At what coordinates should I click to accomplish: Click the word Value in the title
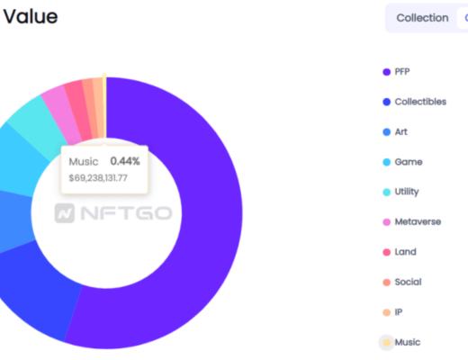coord(30,16)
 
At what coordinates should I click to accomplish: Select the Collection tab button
coord(422,18)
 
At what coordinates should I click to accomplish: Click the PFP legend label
coord(401,72)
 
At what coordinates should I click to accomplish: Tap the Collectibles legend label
coord(419,102)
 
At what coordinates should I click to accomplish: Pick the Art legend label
coord(400,132)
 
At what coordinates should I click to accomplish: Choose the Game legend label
coord(408,162)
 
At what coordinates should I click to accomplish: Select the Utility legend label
coord(406,192)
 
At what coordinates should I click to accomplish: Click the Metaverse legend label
coord(418,222)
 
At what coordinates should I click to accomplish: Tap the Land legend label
coord(405,252)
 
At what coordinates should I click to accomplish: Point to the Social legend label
coord(408,282)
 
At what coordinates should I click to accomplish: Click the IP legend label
coord(399,312)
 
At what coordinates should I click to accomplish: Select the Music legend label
coord(407,342)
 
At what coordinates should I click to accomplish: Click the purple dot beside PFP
coord(386,72)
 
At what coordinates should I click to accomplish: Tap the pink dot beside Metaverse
coord(386,222)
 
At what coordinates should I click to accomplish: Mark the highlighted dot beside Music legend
coord(386,342)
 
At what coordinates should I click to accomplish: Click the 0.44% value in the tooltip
coord(125,161)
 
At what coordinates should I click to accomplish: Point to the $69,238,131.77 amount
coord(98,178)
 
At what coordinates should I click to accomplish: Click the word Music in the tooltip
coord(84,161)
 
